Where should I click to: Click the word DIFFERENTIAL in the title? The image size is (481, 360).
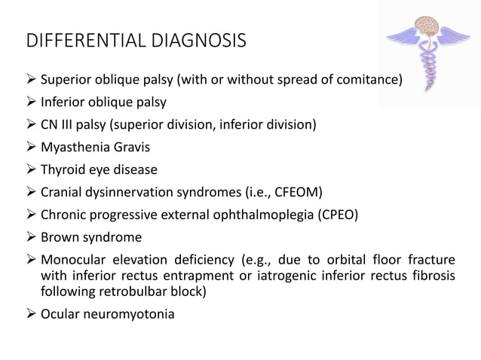[x=81, y=40]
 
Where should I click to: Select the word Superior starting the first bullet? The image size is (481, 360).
[x=65, y=78]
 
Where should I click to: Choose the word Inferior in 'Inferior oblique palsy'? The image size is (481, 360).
[x=63, y=101]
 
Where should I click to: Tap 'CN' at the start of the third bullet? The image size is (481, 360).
[x=49, y=124]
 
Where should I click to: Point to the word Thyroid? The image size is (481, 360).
[x=63, y=169]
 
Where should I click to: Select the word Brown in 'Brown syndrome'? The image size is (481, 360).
[x=59, y=236]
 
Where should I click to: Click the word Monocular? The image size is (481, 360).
[x=72, y=259]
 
